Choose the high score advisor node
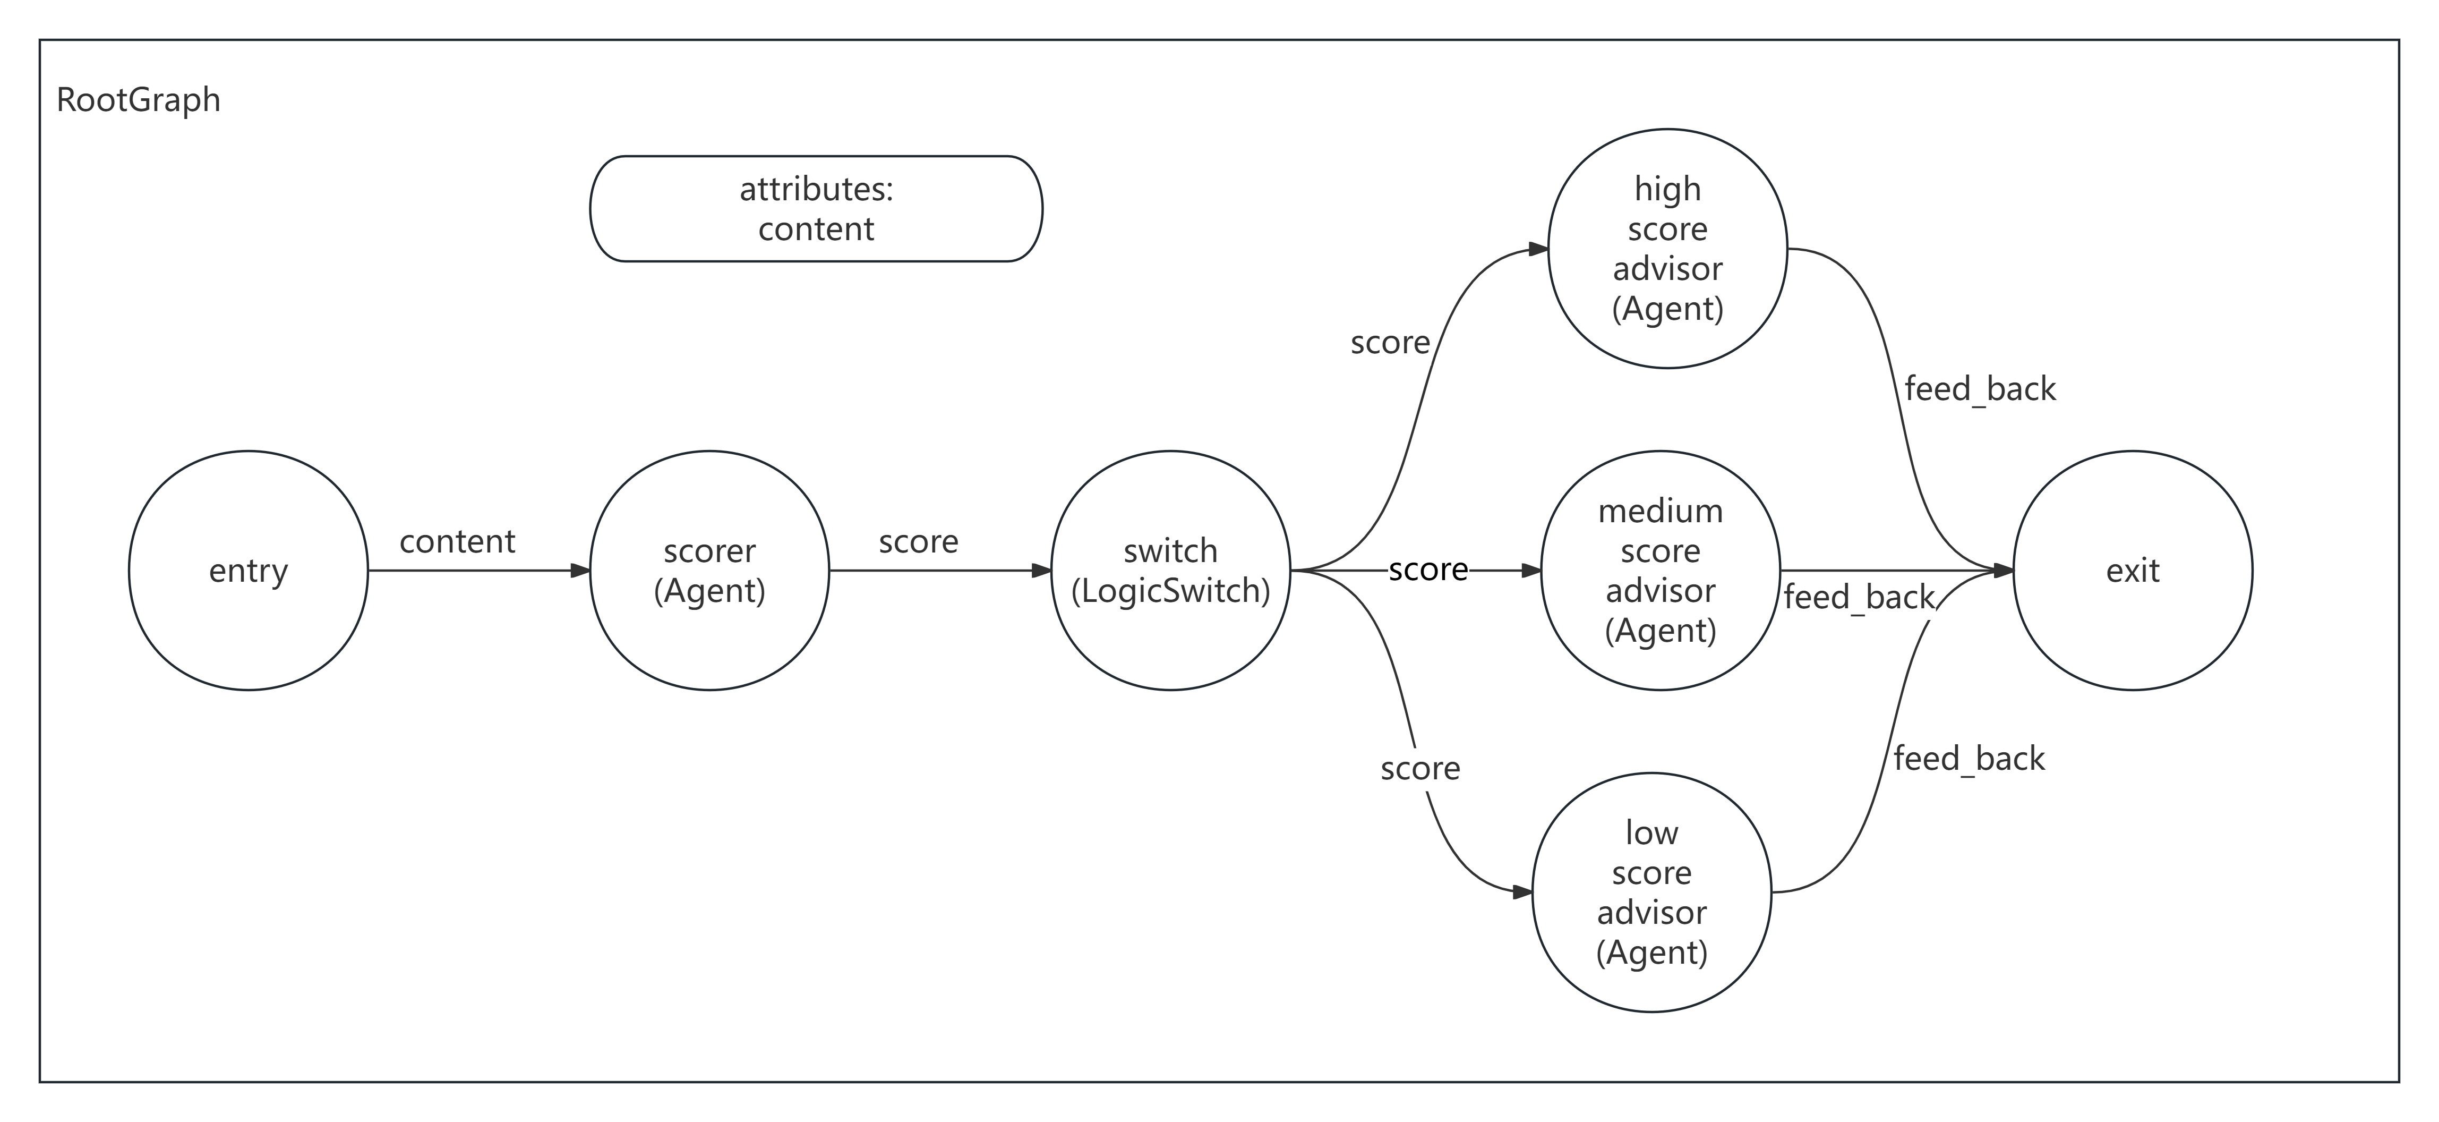pyautogui.click(x=1667, y=248)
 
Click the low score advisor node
pyautogui.click(x=1651, y=892)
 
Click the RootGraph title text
pyautogui.click(x=138, y=99)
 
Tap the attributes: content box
pyautogui.click(x=816, y=208)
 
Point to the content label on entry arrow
pyautogui.click(x=457, y=541)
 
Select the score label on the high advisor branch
pyautogui.click(x=1390, y=343)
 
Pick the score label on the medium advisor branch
pyautogui.click(x=1428, y=570)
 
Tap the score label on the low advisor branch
pyautogui.click(x=1420, y=769)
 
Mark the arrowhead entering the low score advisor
pyautogui.click(x=1522, y=892)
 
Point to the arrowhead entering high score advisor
pyautogui.click(x=1538, y=249)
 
